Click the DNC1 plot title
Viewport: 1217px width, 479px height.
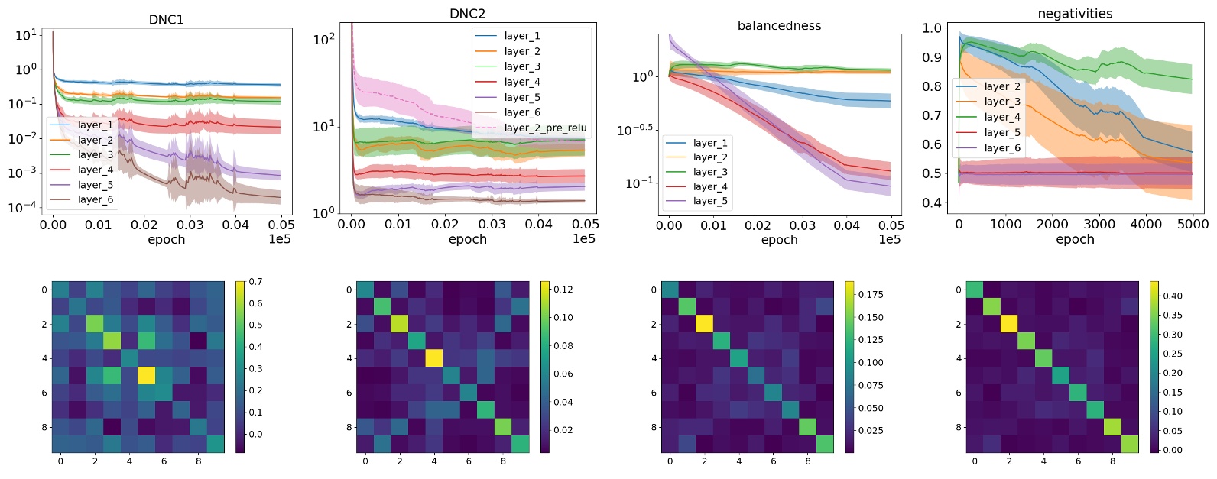(x=166, y=19)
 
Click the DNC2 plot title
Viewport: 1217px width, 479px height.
(x=467, y=14)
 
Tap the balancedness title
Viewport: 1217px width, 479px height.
(x=779, y=25)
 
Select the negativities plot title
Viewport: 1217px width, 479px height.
(x=1075, y=14)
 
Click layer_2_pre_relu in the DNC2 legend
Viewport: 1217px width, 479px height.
(x=545, y=128)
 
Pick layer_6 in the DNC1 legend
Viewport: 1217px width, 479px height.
(x=96, y=199)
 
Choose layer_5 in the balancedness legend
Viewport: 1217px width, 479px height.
(x=710, y=201)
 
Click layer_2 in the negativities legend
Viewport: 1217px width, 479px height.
(x=1002, y=86)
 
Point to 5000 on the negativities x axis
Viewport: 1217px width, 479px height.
(x=1193, y=224)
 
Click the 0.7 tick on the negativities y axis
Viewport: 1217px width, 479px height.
(x=931, y=115)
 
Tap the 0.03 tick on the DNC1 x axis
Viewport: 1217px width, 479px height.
(x=190, y=224)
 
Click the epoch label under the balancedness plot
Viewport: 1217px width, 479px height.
(x=779, y=239)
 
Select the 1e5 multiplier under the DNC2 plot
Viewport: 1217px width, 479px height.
(x=583, y=239)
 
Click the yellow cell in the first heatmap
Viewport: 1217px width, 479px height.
(x=147, y=375)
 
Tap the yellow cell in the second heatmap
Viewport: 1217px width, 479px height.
(x=434, y=358)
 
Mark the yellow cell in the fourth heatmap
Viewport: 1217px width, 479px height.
(x=1009, y=324)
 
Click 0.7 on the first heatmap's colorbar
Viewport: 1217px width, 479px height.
(x=255, y=282)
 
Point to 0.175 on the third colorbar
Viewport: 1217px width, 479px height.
(x=871, y=294)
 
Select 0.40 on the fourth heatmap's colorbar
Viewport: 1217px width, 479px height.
(x=1172, y=296)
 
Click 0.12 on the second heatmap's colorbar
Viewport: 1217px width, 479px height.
(x=563, y=290)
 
